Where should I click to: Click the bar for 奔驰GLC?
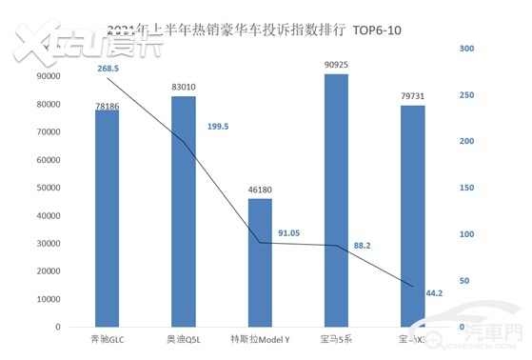point(107,218)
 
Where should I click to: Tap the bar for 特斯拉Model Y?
point(259,262)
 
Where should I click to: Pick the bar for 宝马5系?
point(335,200)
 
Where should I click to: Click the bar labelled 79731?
point(412,215)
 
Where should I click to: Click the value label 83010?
point(183,88)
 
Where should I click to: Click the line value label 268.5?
point(108,69)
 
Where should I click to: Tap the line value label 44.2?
point(435,293)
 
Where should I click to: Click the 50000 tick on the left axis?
point(48,189)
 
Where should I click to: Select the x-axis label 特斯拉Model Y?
point(259,339)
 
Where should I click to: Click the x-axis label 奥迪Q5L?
point(183,339)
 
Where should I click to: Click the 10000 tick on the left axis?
point(48,299)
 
